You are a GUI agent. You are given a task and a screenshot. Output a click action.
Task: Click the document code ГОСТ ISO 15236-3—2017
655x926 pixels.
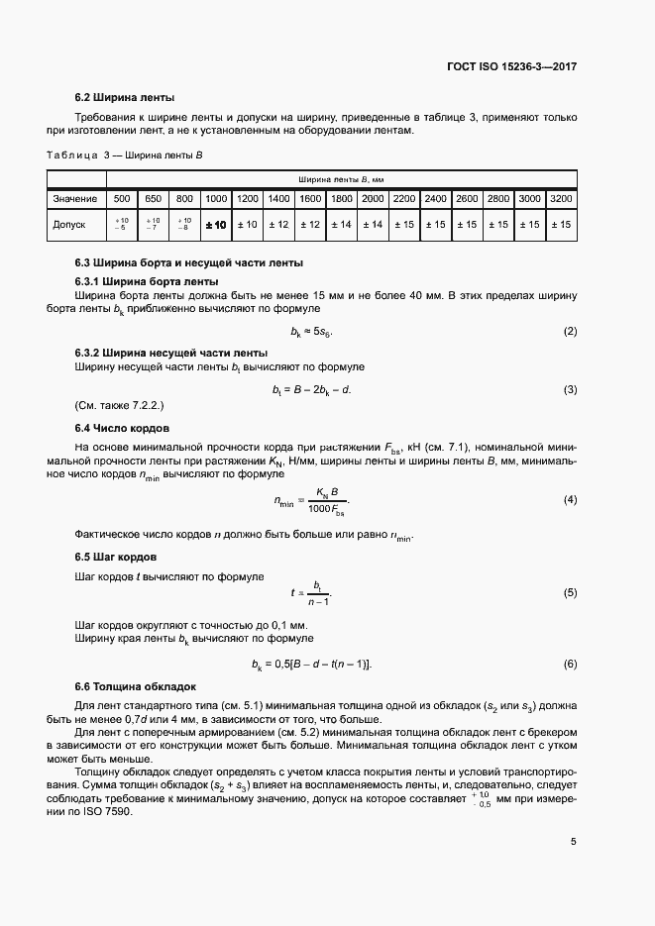tap(509, 67)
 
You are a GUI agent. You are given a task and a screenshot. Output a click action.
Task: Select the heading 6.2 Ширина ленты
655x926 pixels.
tap(125, 98)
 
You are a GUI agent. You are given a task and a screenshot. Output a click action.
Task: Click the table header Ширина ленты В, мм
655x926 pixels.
tap(341, 179)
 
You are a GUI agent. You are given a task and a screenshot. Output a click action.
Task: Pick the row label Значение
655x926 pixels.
tap(76, 199)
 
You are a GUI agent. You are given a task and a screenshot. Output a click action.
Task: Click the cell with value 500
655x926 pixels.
tap(122, 199)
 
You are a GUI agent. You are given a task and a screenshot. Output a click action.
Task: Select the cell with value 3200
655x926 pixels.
tap(561, 199)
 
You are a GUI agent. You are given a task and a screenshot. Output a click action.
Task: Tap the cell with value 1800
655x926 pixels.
tap(341, 199)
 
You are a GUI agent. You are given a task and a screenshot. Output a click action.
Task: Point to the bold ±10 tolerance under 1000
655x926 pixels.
tap(215, 225)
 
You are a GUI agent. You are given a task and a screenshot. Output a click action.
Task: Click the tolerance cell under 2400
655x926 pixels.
tap(435, 225)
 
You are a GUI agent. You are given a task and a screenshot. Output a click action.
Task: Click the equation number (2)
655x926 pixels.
tap(570, 330)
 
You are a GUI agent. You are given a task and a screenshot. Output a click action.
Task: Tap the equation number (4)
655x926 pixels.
tap(570, 499)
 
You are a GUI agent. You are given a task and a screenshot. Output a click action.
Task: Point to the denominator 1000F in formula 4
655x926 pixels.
tap(324, 509)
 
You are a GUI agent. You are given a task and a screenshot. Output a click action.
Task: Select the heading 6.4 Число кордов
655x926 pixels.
tap(123, 428)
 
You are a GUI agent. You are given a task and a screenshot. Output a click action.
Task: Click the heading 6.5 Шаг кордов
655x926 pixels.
tap(115, 558)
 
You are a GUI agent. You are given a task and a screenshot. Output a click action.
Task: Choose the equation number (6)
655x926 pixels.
tap(570, 663)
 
